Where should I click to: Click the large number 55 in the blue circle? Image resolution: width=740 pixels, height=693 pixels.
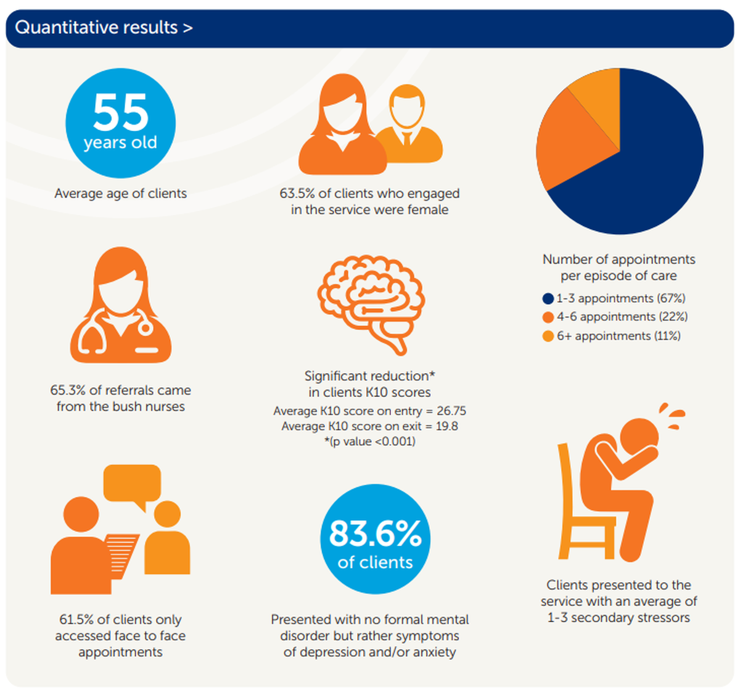[121, 113]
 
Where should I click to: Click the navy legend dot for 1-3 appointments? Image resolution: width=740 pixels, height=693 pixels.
[548, 299]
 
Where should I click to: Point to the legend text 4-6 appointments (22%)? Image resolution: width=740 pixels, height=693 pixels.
[622, 317]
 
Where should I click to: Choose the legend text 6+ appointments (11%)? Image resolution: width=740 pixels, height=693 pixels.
[619, 336]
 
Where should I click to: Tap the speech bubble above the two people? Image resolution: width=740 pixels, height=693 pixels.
[133, 484]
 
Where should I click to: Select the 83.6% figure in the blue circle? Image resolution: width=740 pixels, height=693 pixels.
[375, 533]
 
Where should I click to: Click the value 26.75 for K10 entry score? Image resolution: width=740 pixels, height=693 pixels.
[451, 411]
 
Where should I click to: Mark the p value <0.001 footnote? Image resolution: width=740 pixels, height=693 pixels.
[370, 442]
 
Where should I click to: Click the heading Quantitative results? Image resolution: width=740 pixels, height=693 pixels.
[104, 28]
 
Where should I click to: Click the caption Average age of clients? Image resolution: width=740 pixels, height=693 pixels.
[120, 194]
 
